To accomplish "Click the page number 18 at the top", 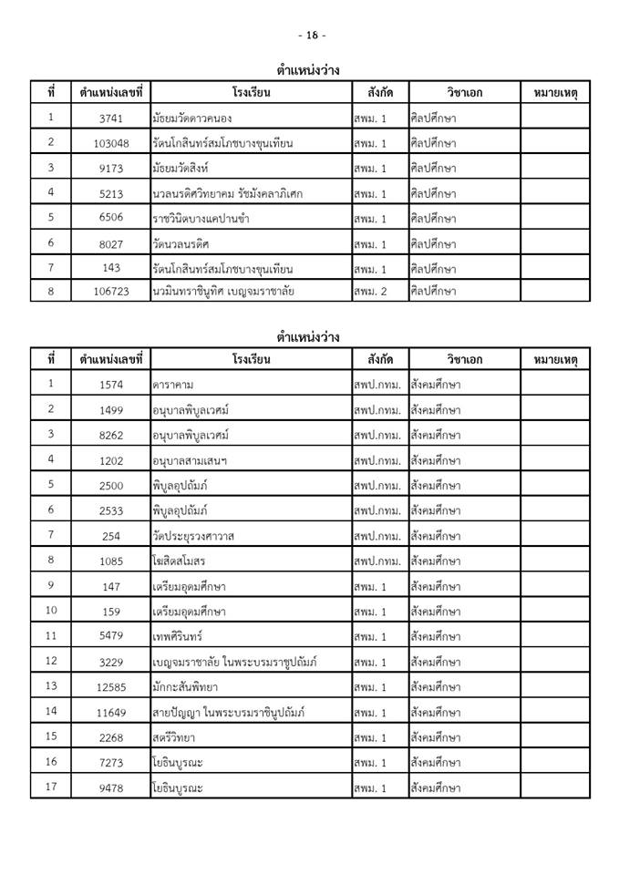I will pyautogui.click(x=311, y=36).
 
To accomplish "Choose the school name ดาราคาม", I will pyautogui.click(x=174, y=385).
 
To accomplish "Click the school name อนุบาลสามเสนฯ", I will pyautogui.click(x=191, y=460).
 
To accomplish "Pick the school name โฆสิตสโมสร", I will pyautogui.click(x=181, y=561).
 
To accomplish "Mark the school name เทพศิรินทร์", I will pyautogui.click(x=182, y=636).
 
